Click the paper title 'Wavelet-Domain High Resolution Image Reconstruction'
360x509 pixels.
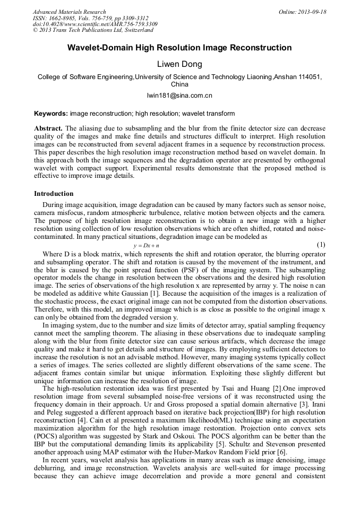coord(179,48)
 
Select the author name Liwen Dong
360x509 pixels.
coord(179,65)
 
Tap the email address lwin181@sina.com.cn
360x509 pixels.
coord(179,96)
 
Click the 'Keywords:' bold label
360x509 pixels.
coord(51,114)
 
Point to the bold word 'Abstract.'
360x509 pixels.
coord(48,128)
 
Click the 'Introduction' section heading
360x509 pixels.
coord(54,194)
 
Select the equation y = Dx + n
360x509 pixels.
coord(146,246)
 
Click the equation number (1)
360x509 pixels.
coord(321,245)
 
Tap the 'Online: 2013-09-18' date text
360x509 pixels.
coord(303,12)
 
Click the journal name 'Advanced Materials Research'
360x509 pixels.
coord(69,12)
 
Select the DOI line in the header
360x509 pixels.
coord(95,24)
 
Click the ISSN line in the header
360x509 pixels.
coord(90,18)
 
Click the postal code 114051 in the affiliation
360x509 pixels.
coord(308,77)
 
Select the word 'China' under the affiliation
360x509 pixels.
coord(179,84)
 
